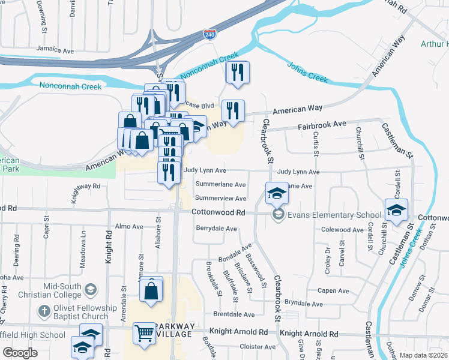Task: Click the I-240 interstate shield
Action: (209, 34)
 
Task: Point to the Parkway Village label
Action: (175, 330)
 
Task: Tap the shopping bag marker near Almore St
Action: (152, 291)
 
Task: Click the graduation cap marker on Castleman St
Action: (396, 210)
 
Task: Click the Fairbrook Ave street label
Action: (323, 125)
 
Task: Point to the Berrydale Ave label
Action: (216, 229)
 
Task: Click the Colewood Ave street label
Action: (343, 230)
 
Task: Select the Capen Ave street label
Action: (333, 291)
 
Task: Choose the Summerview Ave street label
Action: (220, 198)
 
